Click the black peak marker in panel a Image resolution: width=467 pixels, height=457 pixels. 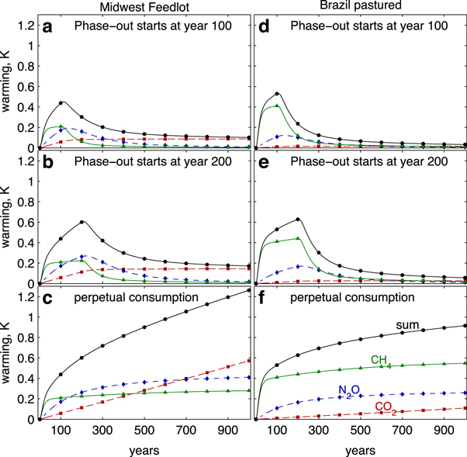[61, 102]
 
